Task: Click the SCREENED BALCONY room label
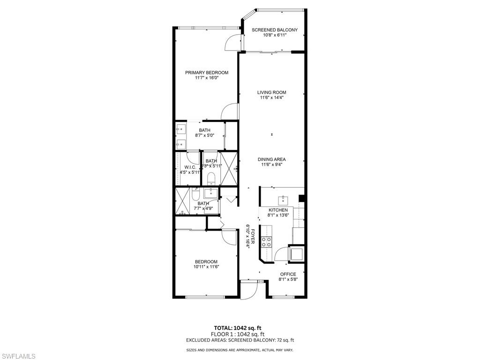pyautogui.click(x=274, y=30)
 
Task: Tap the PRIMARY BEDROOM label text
pyautogui.click(x=206, y=73)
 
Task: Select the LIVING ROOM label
pyautogui.click(x=271, y=92)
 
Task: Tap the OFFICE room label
pyautogui.click(x=288, y=274)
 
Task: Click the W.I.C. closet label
pyautogui.click(x=190, y=167)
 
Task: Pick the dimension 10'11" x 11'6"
pyautogui.click(x=206, y=267)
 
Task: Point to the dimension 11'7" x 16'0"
pyautogui.click(x=206, y=78)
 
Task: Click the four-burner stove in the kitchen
pyautogui.click(x=266, y=242)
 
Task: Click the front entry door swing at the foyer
pyautogui.click(x=247, y=290)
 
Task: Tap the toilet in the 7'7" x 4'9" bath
pyautogui.click(x=196, y=194)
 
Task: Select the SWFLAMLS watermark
pyautogui.click(x=19, y=357)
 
